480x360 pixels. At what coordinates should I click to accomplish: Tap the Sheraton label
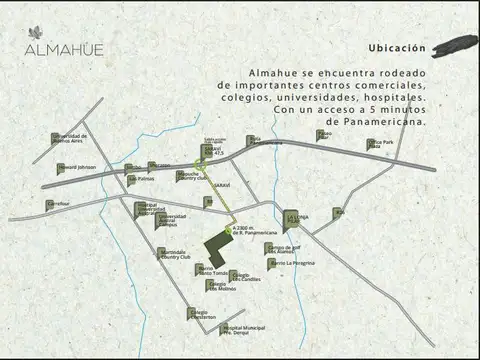coord(157,165)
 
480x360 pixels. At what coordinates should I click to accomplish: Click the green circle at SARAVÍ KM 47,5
coord(200,164)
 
